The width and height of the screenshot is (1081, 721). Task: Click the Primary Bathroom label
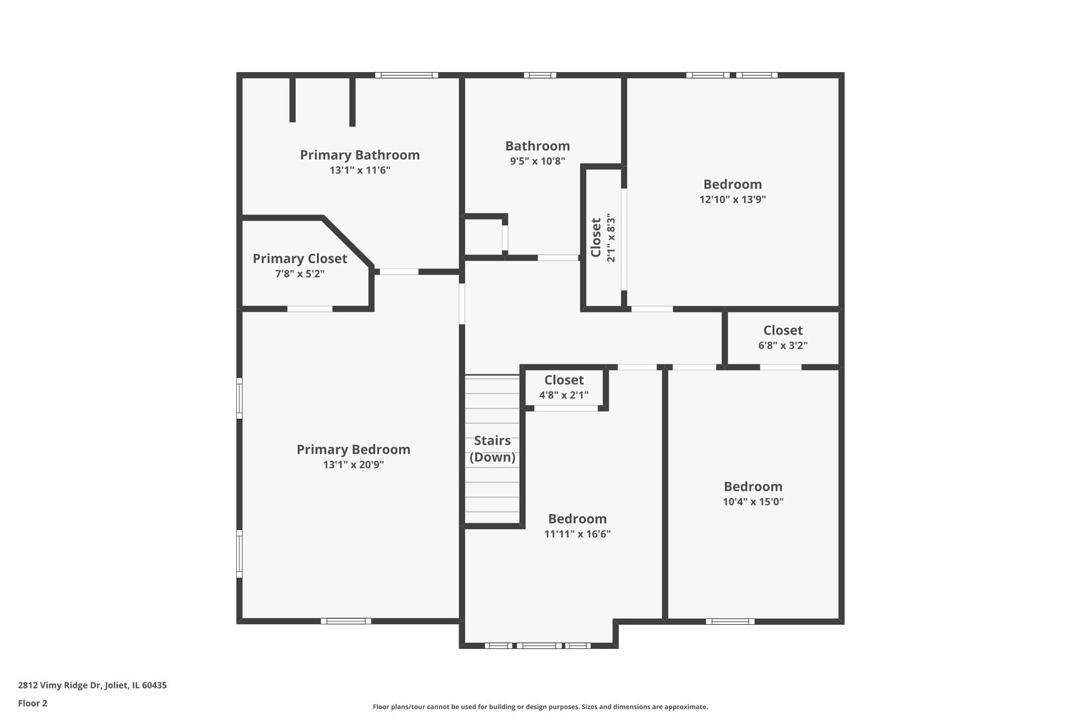click(360, 155)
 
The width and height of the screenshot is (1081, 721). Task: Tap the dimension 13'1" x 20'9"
click(354, 465)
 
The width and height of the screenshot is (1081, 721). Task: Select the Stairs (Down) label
click(492, 449)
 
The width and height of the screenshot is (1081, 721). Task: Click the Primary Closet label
click(300, 258)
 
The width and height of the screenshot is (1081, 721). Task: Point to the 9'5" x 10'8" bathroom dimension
click(537, 161)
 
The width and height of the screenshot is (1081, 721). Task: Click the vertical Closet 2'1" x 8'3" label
click(602, 238)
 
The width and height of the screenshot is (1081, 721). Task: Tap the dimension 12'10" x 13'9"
click(732, 200)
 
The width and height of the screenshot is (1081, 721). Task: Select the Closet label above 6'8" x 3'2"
click(783, 330)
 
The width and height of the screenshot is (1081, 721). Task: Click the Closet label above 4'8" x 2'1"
click(564, 380)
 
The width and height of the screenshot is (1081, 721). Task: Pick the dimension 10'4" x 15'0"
click(753, 502)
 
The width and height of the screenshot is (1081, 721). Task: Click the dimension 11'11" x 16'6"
click(577, 534)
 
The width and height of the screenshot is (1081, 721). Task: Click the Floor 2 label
click(33, 703)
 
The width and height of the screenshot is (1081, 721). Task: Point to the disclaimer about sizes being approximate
click(540, 706)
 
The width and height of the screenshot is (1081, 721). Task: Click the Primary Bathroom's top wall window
click(406, 75)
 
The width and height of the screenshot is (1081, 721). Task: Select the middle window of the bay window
click(538, 646)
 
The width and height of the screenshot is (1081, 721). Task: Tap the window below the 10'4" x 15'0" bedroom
click(730, 622)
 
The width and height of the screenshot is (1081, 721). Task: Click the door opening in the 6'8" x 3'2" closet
click(781, 367)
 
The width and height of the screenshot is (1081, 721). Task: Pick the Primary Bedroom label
click(353, 449)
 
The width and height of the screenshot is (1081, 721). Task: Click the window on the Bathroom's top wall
click(540, 75)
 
